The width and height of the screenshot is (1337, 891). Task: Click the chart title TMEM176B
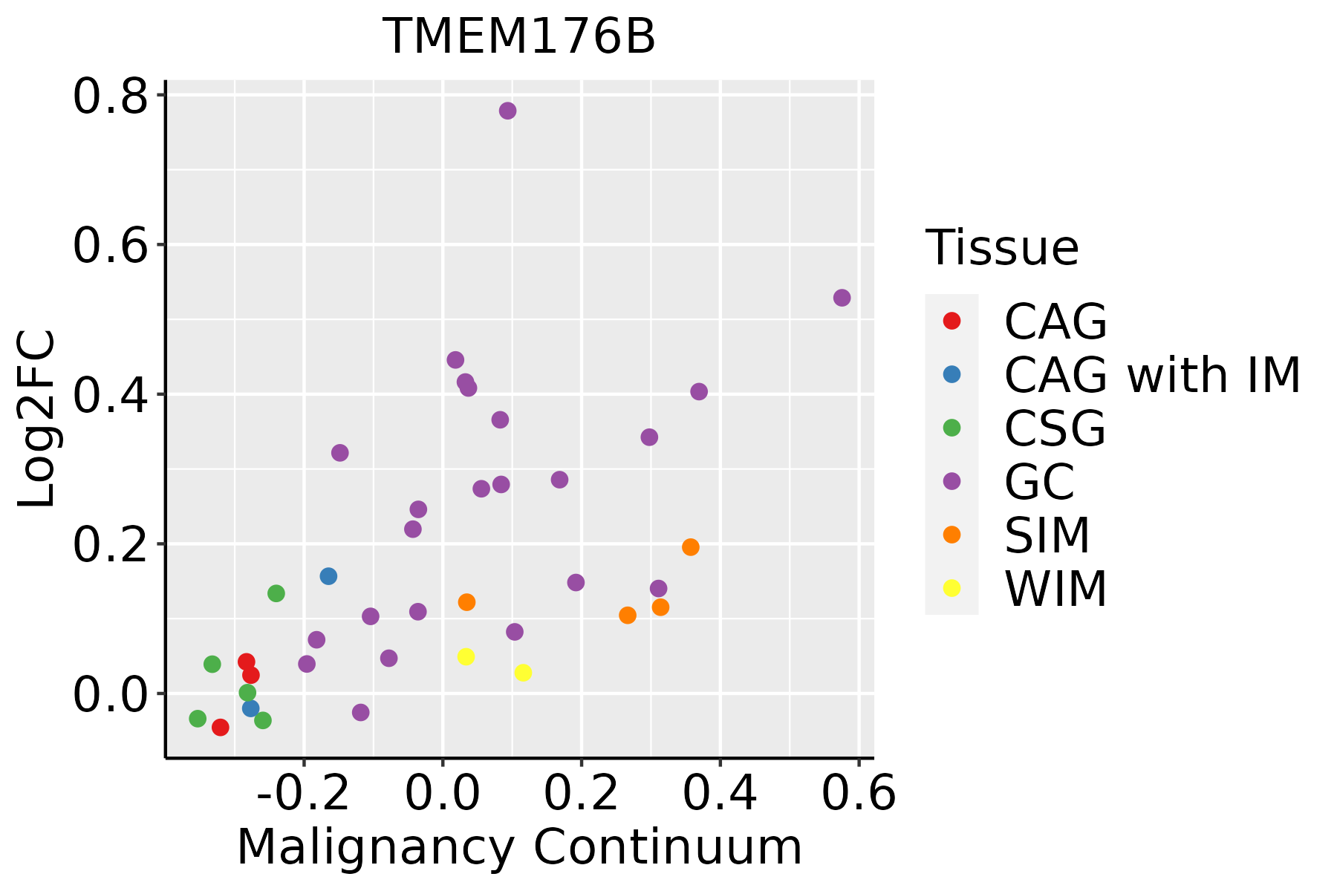pos(519,36)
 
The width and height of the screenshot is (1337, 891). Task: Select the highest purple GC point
pos(508,111)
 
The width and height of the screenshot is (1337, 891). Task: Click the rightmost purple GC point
pos(842,298)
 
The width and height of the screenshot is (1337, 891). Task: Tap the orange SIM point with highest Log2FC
pos(691,547)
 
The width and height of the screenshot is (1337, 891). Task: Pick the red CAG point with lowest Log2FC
pos(220,727)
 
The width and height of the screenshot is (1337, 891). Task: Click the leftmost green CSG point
pos(198,718)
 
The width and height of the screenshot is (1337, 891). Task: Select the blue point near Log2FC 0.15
pos(328,576)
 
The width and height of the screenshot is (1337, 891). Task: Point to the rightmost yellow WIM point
pos(523,673)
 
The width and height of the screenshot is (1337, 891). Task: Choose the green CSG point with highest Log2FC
pos(276,593)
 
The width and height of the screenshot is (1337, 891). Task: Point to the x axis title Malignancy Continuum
pos(519,847)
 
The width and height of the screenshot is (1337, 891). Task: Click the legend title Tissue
pos(1002,248)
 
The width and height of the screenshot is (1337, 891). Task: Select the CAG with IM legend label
pos(1152,375)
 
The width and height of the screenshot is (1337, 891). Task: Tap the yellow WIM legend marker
pos(951,588)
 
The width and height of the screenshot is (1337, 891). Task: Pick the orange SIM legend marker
pos(951,535)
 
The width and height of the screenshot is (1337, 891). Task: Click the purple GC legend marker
pos(951,481)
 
